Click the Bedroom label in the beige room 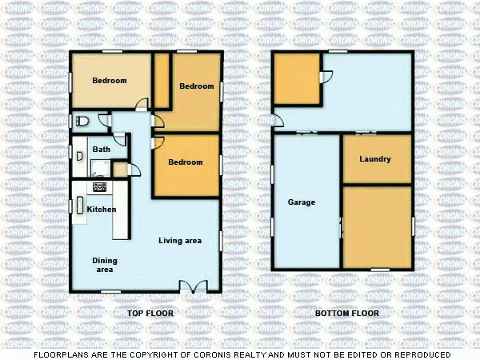[109, 80]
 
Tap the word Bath [102, 149]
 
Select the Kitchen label [102, 210]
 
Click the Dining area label [105, 265]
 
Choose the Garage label [302, 202]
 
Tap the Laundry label [375, 159]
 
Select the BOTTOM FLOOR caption [346, 313]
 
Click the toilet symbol [84, 122]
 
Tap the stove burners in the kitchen [100, 187]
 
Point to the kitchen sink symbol [79, 205]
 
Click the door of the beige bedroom [141, 103]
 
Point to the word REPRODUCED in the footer [422, 354]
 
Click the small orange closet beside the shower [120, 169]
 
